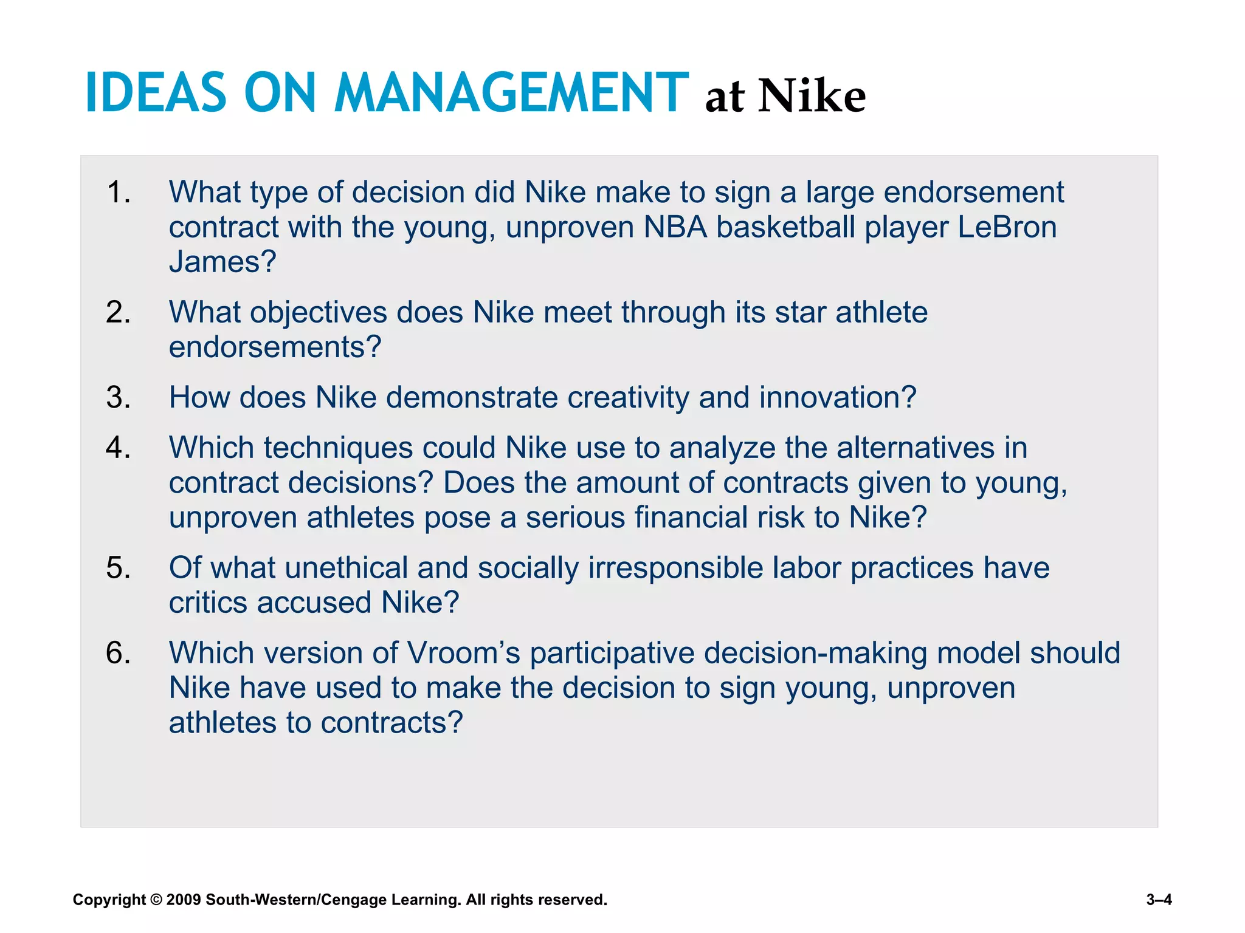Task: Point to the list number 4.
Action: tap(118, 448)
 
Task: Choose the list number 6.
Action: tap(118, 653)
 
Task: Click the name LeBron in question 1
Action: tap(1007, 227)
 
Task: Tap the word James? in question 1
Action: tap(222, 262)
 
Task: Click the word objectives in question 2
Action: tap(318, 312)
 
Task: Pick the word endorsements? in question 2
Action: tap(275, 347)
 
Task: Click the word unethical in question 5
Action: tap(346, 568)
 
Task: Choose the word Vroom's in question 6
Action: tap(463, 653)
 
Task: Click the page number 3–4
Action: tap(1159, 900)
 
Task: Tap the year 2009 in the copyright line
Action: tap(183, 900)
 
